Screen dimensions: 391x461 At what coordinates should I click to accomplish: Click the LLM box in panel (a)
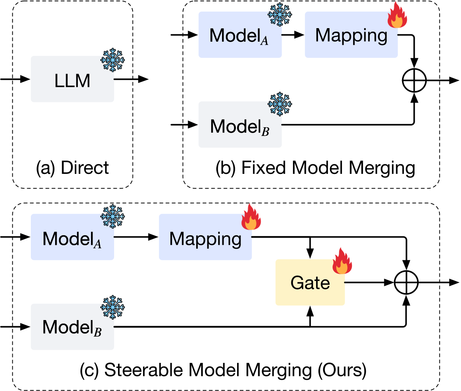click(x=72, y=79)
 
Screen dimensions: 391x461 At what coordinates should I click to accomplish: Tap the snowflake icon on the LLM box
click(x=113, y=60)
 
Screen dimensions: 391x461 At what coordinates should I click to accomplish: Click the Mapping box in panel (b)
click(x=351, y=35)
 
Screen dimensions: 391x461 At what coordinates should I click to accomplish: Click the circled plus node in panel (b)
click(x=414, y=81)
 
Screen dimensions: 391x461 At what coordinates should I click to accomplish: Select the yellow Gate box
click(x=310, y=283)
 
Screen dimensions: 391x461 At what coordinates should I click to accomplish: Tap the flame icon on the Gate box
click(x=342, y=261)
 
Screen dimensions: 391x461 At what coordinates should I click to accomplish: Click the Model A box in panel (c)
click(x=72, y=237)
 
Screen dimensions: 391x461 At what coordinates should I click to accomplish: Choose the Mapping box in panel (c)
click(x=205, y=237)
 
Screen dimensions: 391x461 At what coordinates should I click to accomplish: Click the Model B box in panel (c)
click(x=72, y=327)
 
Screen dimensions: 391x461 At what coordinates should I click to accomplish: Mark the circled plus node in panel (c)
click(x=406, y=283)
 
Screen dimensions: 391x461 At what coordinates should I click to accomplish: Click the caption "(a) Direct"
click(x=72, y=168)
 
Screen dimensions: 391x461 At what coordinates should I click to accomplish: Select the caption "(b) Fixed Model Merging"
click(x=315, y=168)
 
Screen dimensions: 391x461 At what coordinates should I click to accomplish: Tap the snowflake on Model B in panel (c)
click(x=113, y=307)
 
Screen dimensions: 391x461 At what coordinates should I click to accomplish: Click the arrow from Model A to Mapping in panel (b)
click(x=293, y=35)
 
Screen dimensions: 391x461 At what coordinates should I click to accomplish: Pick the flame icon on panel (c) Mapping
click(x=251, y=217)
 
